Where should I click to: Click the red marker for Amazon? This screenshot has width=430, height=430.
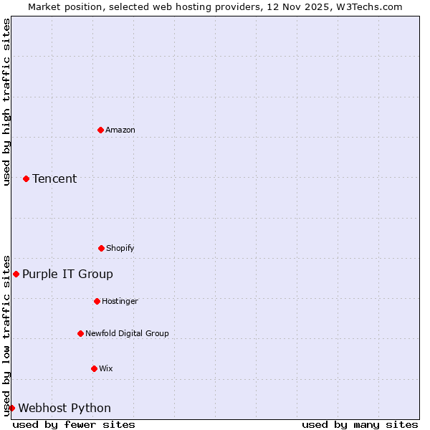[100, 130]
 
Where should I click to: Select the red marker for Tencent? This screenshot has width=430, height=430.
[26, 178]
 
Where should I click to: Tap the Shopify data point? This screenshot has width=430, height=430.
[101, 248]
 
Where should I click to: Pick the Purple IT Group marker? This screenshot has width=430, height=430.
[16, 274]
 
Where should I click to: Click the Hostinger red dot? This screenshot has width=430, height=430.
[97, 301]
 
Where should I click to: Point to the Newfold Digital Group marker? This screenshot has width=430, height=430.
[80, 333]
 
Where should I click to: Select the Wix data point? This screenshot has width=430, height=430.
[94, 368]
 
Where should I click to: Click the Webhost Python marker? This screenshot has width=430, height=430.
[11, 408]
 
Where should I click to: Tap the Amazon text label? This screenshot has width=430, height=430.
[120, 130]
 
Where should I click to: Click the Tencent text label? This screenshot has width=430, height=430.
[54, 178]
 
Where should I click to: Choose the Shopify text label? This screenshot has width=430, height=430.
[120, 248]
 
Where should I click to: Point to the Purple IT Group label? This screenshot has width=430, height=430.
[67, 274]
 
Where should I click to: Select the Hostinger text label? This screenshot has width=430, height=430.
[120, 301]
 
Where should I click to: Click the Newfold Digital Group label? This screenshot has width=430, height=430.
[127, 333]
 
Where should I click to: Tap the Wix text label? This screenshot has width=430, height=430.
[106, 368]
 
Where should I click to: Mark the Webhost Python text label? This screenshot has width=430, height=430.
[64, 408]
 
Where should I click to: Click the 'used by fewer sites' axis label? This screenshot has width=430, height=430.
[74, 424]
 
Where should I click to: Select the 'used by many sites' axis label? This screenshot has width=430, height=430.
[360, 424]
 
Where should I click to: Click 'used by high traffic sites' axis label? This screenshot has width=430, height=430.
[6, 102]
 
